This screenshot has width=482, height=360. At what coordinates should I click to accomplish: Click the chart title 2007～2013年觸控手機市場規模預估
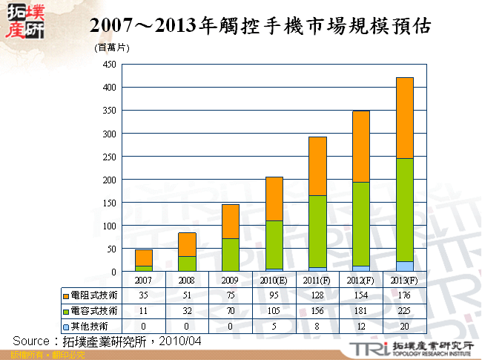[x=260, y=25]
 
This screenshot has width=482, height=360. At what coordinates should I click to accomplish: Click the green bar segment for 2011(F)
[x=318, y=231]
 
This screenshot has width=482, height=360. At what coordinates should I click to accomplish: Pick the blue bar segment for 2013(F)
[x=404, y=266]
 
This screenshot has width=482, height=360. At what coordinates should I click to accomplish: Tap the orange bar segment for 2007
[x=145, y=258]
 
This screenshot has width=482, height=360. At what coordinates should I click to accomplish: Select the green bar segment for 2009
[x=231, y=255]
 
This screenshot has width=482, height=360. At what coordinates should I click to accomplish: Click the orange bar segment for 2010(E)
[x=274, y=199]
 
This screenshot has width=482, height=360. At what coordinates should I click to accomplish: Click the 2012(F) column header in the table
[x=361, y=281]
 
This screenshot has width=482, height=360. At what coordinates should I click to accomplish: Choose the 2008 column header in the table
[x=188, y=281]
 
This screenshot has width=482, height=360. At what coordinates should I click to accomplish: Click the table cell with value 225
[x=405, y=310]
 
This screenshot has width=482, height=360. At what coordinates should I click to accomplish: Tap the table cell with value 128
[x=318, y=295]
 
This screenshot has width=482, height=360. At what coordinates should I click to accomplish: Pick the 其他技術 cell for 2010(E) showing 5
[x=274, y=326]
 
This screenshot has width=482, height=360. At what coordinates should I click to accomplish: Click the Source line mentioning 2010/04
[x=108, y=341]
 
